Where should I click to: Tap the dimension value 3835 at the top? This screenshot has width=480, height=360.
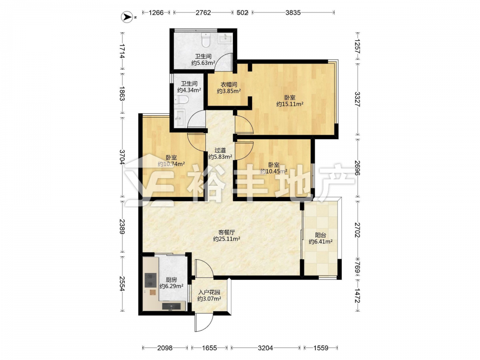[293, 12]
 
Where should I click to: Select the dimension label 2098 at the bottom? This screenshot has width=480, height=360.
[165, 348]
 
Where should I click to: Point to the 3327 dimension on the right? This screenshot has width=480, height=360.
[357, 99]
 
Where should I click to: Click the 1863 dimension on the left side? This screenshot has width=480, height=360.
[122, 94]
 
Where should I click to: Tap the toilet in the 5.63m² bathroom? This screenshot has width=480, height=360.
[206, 40]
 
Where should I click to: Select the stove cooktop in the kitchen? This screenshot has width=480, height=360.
[150, 280]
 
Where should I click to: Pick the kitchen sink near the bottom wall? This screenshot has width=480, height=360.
[171, 306]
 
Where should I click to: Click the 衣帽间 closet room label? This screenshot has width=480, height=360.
[229, 84]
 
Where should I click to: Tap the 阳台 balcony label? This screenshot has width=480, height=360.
[321, 235]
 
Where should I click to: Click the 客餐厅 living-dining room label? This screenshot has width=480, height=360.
[227, 232]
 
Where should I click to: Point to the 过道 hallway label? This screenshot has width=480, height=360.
[220, 150]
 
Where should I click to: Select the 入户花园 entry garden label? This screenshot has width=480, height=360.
[209, 292]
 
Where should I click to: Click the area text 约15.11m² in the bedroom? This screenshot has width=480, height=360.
[290, 104]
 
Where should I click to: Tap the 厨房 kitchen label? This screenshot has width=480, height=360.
[171, 279]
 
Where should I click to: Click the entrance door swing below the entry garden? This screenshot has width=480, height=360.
[204, 323]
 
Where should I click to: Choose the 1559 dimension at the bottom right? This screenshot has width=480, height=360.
[321, 348]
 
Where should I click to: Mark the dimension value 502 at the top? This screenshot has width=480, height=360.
[242, 12]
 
